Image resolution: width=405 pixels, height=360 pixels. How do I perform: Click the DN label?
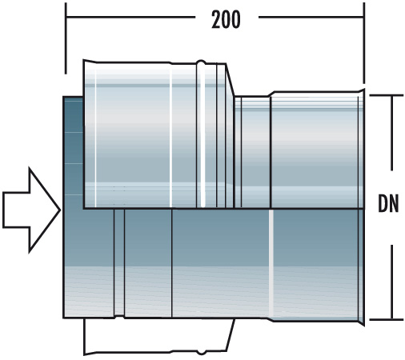pos(390,205)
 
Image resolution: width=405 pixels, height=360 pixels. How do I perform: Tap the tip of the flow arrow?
pos(59,209)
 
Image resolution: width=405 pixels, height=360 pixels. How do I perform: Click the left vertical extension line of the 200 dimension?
pos(66,40)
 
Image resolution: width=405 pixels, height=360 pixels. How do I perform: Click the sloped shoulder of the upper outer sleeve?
pos(231,80)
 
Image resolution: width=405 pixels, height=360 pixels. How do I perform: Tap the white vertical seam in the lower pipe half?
pos(272,264)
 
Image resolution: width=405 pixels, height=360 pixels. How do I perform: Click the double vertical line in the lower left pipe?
pos(119,264)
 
